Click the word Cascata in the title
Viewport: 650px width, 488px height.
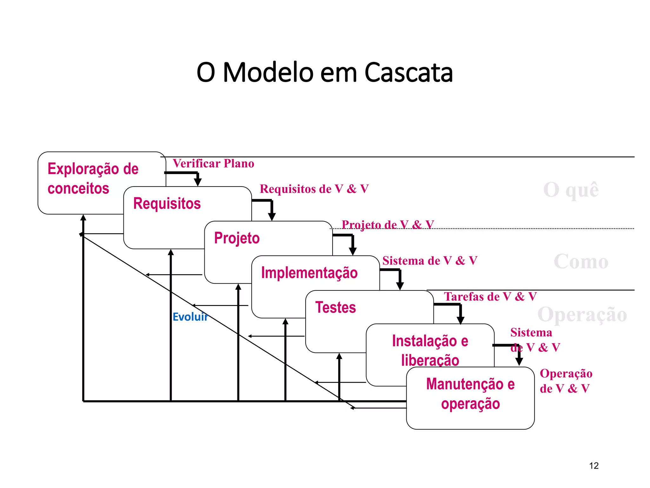tap(408, 72)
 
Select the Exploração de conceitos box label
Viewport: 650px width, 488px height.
tap(93, 179)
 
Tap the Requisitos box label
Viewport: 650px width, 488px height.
tap(167, 204)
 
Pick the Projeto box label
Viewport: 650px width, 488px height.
tap(237, 238)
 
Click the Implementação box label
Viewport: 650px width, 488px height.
tap(309, 273)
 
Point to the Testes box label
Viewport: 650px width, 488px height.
tap(335, 308)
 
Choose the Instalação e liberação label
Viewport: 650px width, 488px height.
tap(430, 350)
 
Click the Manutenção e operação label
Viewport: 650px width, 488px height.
tap(470, 394)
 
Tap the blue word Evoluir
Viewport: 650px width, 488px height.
tap(190, 317)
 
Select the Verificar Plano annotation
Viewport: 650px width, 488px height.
tap(213, 164)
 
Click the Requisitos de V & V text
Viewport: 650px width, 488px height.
tap(314, 189)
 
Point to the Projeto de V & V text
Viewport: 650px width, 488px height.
tap(388, 225)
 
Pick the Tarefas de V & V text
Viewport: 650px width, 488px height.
tap(490, 297)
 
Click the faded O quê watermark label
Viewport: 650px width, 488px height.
tap(571, 190)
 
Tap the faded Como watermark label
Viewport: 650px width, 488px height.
tap(581, 262)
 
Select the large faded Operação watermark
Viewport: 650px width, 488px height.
tap(582, 315)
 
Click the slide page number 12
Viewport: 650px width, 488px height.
tap(594, 466)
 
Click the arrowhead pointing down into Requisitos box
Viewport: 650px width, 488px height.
tap(198, 182)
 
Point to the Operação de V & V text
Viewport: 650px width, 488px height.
tap(566, 381)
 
